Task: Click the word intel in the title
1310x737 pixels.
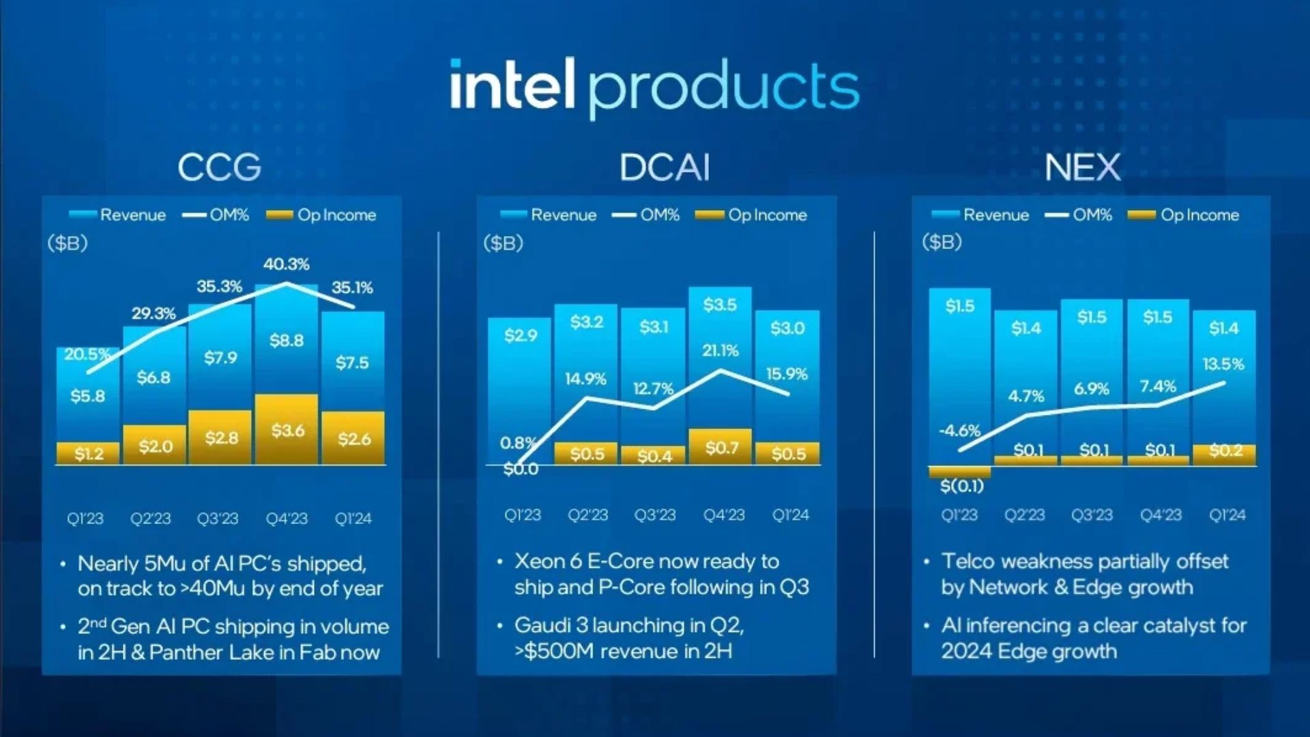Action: point(512,85)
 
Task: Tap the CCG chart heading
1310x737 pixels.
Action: point(220,167)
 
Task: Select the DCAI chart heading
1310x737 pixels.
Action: point(665,167)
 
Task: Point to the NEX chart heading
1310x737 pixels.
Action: point(1083,167)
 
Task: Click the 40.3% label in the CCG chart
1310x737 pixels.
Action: point(287,264)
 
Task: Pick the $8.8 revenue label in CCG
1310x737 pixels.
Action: point(287,340)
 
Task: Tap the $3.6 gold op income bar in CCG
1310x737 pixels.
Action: point(287,430)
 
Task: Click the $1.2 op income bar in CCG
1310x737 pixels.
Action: point(89,454)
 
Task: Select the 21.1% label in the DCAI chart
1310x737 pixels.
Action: point(720,351)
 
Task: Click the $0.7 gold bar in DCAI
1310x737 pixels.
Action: point(721,448)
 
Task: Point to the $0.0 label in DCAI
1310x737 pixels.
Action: point(521,469)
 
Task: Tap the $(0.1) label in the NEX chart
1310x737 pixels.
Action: point(961,486)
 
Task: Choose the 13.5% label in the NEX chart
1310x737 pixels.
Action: point(1223,364)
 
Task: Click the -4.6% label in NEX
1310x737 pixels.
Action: point(959,431)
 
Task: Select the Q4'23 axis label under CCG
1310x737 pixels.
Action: point(287,519)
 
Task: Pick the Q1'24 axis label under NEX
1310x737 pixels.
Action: point(1227,515)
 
